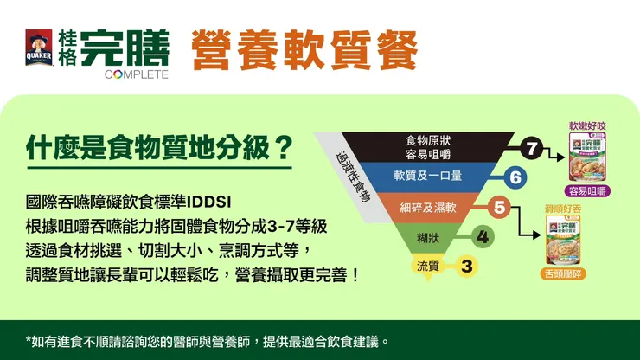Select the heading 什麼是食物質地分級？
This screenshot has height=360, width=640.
[157, 149]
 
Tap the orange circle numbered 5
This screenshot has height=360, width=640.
[499, 208]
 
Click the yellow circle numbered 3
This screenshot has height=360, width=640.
[467, 266]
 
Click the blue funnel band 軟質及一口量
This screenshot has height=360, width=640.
[428, 177]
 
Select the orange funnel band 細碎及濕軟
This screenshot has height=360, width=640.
[429, 208]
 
